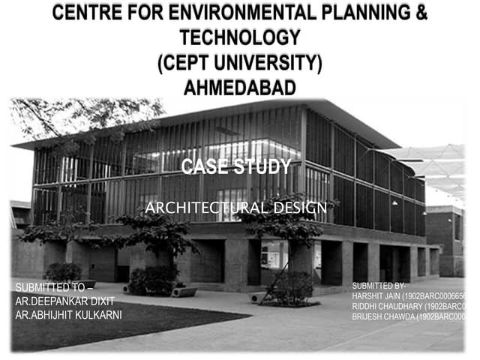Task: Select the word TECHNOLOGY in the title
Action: coord(240,37)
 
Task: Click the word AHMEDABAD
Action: coord(240,87)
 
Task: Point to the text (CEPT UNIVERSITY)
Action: coord(240,62)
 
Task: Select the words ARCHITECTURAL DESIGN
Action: coord(235,207)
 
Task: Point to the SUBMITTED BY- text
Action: coord(378,286)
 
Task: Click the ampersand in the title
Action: coord(421,13)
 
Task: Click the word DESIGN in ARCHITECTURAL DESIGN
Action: coord(300,207)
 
